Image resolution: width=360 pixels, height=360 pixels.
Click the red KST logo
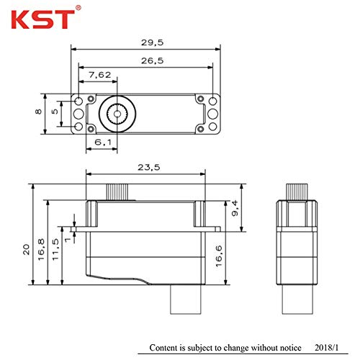(x=43, y=19)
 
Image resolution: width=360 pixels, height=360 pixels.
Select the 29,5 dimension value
(x=152, y=42)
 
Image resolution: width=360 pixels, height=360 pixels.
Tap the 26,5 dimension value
(x=152, y=60)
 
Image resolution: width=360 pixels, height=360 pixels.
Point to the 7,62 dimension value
(x=100, y=75)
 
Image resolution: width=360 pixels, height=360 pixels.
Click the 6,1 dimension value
(x=103, y=143)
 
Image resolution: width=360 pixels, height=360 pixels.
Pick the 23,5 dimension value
(x=149, y=167)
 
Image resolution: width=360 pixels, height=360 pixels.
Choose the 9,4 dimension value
(x=235, y=208)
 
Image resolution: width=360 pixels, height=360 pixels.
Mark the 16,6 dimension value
(x=219, y=256)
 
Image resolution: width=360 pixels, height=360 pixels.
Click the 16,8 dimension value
(x=41, y=250)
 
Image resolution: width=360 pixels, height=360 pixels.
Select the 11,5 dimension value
(x=55, y=249)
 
